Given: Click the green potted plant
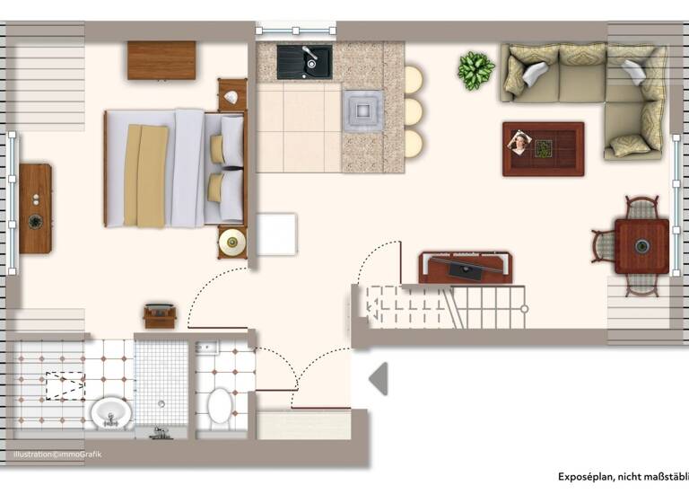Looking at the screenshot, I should click(475, 70).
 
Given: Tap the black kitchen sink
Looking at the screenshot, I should click(304, 61).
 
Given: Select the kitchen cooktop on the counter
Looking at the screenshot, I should click(362, 110).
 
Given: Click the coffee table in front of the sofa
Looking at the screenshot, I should click(543, 148).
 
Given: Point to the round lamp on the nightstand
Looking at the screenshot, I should click(232, 241).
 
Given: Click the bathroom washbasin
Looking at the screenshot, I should click(110, 413).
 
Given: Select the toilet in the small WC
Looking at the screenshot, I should click(220, 405).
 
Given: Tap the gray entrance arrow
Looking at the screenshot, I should click(379, 378).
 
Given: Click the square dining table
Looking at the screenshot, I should click(641, 246).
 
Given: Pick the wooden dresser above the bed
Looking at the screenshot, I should click(161, 60).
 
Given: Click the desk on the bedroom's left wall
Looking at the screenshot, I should click(35, 208).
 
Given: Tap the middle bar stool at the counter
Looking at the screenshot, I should click(413, 111).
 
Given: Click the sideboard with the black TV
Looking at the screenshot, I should click(465, 268).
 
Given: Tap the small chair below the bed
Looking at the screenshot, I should click(161, 315).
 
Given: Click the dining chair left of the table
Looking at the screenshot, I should click(603, 245).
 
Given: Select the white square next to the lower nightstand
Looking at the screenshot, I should click(276, 234).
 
